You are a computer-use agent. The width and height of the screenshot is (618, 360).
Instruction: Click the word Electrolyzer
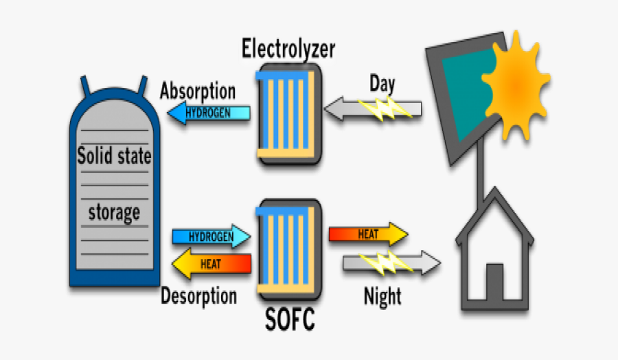pyautogui.click(x=288, y=49)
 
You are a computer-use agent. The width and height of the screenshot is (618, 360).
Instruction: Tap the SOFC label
pyautogui.click(x=290, y=319)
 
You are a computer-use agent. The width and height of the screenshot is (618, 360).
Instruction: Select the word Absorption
pyautogui.click(x=198, y=91)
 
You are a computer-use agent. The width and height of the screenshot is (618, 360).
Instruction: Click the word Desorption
pyautogui.click(x=198, y=296)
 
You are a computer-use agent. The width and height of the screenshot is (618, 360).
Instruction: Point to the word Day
pyautogui.click(x=382, y=84)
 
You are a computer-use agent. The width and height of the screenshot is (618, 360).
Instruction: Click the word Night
pyautogui.click(x=382, y=297)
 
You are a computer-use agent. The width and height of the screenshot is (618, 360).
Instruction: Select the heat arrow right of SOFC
pyautogui.click(x=368, y=234)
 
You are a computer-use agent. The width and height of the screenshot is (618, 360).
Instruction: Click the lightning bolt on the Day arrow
pyautogui.click(x=385, y=108)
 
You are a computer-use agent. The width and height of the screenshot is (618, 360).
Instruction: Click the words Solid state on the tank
pyautogui.click(x=114, y=157)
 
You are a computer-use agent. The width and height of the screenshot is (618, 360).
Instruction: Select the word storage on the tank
pyautogui.click(x=114, y=212)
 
